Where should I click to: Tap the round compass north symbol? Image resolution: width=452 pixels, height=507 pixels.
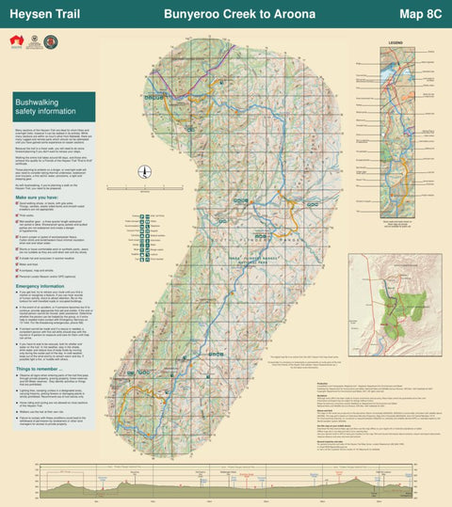pyautogui.click(x=144, y=172)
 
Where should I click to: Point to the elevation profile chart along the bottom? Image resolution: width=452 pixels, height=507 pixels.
pyautogui.click(x=226, y=481)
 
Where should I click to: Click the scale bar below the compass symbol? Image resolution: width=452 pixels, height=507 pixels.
pyautogui.click(x=144, y=194)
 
